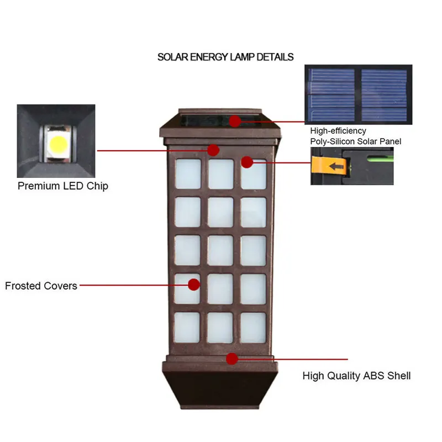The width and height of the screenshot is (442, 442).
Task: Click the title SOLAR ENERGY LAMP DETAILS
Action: (225, 57)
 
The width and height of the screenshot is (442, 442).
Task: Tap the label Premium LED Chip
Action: (63, 186)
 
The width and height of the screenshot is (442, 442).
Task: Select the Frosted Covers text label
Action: (41, 286)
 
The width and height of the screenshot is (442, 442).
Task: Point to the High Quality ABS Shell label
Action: (356, 376)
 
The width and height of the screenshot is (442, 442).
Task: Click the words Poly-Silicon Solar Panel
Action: (356, 141)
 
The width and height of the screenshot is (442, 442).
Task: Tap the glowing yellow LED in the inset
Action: (59, 144)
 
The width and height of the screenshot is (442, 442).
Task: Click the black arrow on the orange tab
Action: (336, 166)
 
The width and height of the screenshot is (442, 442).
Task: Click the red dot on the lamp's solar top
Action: (235, 121)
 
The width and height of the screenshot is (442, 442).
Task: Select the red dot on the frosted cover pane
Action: (194, 285)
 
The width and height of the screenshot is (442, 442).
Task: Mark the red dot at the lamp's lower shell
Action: (232, 359)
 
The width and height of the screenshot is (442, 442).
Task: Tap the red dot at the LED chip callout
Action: (213, 150)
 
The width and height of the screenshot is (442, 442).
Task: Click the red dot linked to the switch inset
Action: (247, 162)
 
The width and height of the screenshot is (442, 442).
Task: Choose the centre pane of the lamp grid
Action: (220, 250)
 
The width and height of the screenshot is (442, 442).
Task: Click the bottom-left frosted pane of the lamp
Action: (187, 327)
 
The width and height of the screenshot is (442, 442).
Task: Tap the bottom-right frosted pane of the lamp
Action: (253, 328)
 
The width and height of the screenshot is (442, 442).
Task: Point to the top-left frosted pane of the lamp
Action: (188, 174)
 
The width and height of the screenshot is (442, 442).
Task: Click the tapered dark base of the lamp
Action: (220, 389)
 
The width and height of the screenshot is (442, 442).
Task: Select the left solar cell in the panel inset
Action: (331, 95)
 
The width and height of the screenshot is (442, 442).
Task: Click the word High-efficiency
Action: (338, 131)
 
